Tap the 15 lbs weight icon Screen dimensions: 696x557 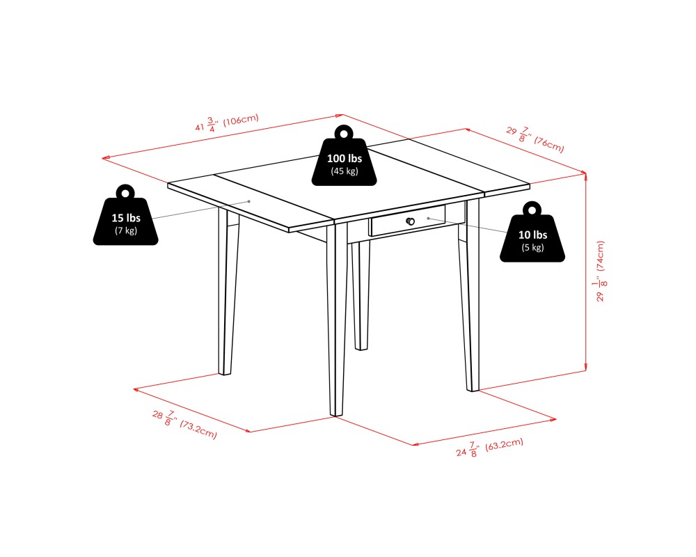coord(125,215)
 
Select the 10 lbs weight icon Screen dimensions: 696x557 coord(532,233)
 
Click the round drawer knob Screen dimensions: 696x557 coord(411,221)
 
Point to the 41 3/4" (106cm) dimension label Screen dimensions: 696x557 coord(227,123)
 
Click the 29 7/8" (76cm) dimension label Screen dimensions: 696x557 coord(535,139)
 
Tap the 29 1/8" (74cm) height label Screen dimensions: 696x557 coord(601,271)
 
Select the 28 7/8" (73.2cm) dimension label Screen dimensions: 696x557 coord(184,424)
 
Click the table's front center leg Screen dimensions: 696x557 coord(337,319)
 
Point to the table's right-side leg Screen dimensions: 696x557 coord(470,295)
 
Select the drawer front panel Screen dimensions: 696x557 coord(407,221)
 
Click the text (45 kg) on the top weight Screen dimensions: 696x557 coord(344,171)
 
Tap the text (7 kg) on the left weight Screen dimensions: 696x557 coord(125,230)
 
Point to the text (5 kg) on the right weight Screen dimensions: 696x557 coord(532,247)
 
